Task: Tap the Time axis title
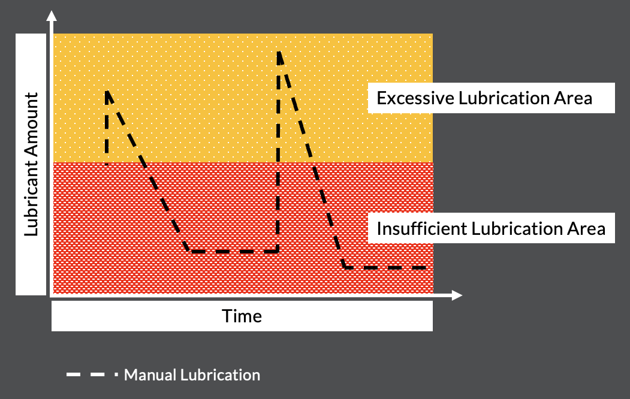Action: coord(242,316)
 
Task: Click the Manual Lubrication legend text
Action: coord(192,376)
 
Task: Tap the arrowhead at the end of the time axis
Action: coord(457,295)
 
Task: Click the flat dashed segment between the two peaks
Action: coord(234,252)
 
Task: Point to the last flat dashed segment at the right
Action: coord(387,267)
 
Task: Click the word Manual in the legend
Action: coord(147,376)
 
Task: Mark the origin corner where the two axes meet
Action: coord(53,295)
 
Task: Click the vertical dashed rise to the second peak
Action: coord(278,156)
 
